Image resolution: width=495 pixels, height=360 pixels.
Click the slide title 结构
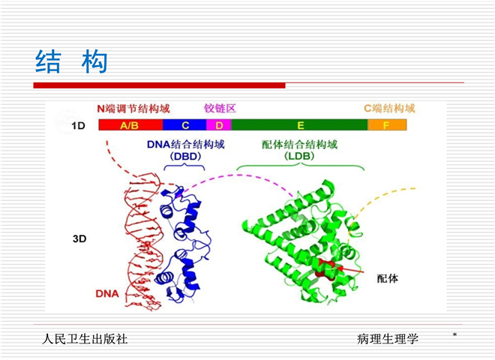71,61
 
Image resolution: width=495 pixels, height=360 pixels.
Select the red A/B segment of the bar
130,125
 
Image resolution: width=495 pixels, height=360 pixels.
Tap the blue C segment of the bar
184,125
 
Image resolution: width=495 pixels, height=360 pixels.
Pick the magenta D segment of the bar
219,125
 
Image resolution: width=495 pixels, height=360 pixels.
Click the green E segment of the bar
300,125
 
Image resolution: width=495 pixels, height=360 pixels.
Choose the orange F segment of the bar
387,125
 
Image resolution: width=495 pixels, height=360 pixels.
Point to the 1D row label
78,126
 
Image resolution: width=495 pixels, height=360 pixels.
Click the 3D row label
79,238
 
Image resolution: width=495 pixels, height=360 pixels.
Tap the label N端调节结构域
133,109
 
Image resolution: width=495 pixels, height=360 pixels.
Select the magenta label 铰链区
220,108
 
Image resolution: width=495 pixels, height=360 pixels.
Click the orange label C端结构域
389,108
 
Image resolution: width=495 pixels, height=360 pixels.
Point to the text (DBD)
186,156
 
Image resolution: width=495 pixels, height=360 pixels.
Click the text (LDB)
299,156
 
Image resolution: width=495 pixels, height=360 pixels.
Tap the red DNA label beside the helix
107,294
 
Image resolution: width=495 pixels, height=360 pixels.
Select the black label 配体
388,278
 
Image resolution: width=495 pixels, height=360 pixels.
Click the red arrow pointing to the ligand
350,270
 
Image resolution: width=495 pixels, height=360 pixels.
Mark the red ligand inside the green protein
325,268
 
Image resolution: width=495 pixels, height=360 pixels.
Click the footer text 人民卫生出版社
85,339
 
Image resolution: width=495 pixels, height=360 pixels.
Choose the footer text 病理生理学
387,339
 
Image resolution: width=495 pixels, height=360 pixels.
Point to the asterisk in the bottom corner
454,334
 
